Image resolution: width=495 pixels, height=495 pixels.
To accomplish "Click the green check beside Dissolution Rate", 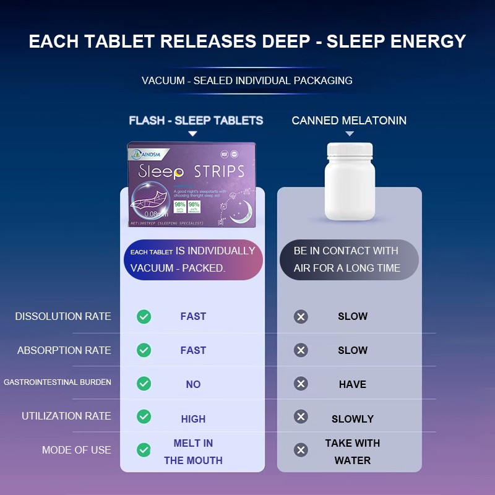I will [x=144, y=317].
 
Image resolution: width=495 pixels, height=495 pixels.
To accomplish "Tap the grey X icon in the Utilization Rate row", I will [x=301, y=416].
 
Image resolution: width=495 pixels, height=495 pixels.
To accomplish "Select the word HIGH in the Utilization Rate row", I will [x=193, y=419].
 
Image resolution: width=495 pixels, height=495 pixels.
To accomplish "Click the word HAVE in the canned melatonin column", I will [x=352, y=384].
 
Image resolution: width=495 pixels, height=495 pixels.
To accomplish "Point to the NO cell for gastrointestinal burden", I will [x=193, y=384].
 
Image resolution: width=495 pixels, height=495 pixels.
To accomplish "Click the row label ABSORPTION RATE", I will [x=64, y=350].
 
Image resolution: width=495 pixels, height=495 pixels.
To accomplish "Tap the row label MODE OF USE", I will [x=77, y=450].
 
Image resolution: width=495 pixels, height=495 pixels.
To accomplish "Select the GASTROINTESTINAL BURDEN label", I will [x=58, y=382].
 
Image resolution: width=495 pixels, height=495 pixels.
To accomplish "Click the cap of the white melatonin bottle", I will [x=350, y=150].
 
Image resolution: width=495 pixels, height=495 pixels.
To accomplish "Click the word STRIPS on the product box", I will [x=219, y=171].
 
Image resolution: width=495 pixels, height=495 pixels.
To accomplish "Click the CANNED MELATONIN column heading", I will [x=349, y=121].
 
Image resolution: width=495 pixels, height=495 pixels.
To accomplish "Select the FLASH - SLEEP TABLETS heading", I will [x=196, y=121].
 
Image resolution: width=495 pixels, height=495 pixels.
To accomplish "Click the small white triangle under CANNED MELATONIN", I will [x=350, y=134].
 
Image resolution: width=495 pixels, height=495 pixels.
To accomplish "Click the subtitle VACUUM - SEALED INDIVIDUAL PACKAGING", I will [x=247, y=81].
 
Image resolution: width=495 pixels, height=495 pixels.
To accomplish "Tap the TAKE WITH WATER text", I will [x=352, y=452].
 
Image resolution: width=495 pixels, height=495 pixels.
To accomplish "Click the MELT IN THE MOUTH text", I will [x=193, y=452].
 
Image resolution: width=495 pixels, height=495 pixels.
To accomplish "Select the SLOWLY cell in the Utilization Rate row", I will [x=352, y=419].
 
